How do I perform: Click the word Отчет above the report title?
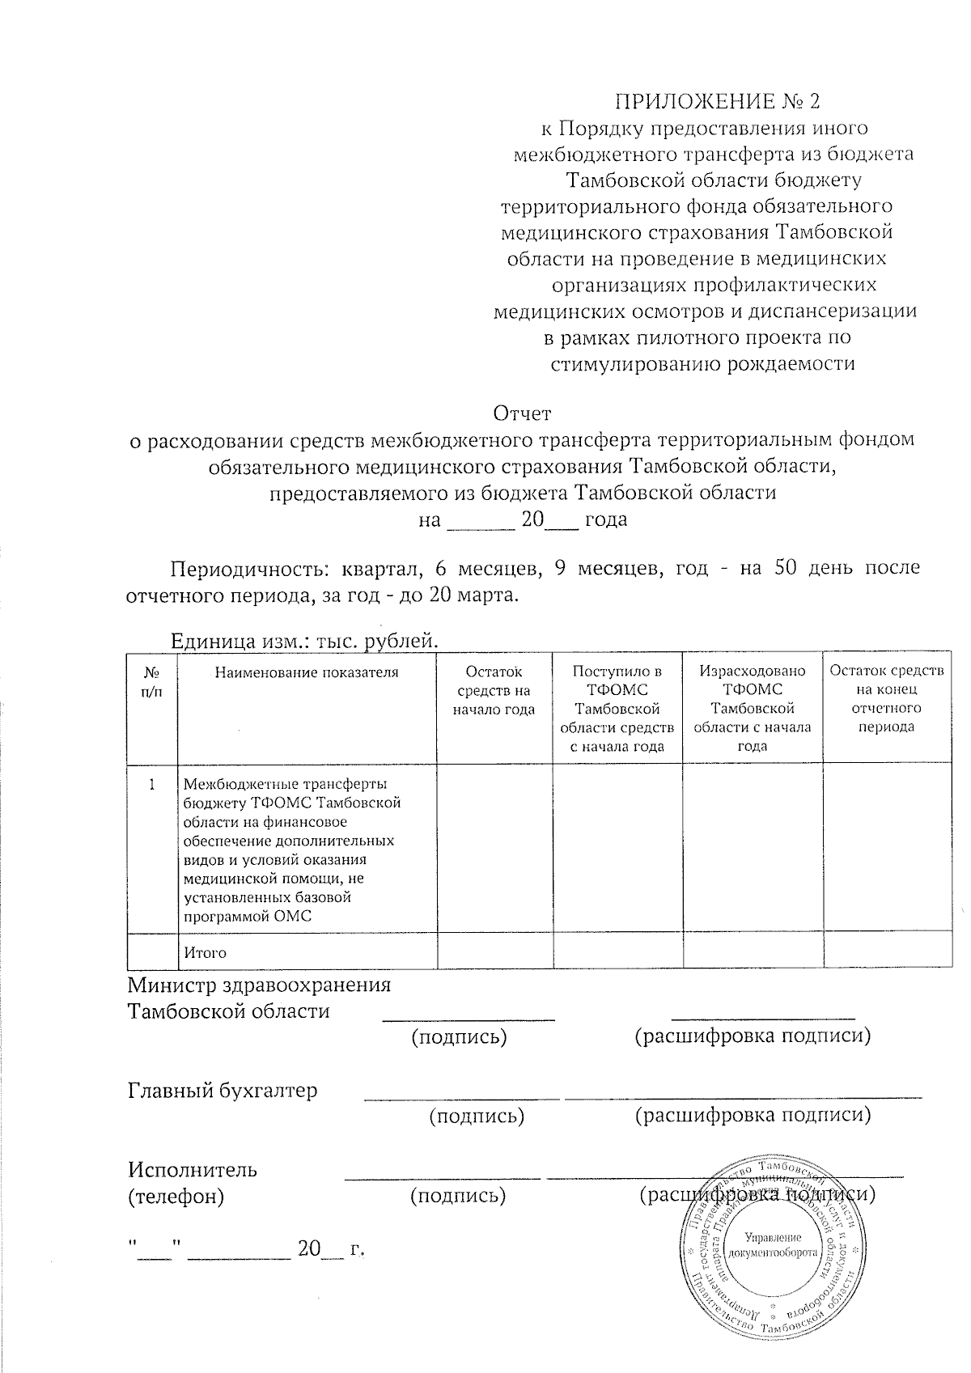click(x=522, y=413)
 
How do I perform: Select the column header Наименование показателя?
click(x=307, y=672)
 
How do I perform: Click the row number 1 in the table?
click(x=151, y=783)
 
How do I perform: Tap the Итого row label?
click(x=205, y=952)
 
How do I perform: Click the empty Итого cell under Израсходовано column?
click(x=753, y=951)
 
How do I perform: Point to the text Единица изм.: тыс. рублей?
click(x=303, y=642)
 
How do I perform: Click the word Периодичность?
click(x=248, y=568)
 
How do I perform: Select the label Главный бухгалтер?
click(x=223, y=1090)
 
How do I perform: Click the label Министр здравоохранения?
click(x=259, y=985)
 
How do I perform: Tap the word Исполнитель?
click(x=193, y=1169)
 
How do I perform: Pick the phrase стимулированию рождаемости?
click(x=702, y=363)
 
